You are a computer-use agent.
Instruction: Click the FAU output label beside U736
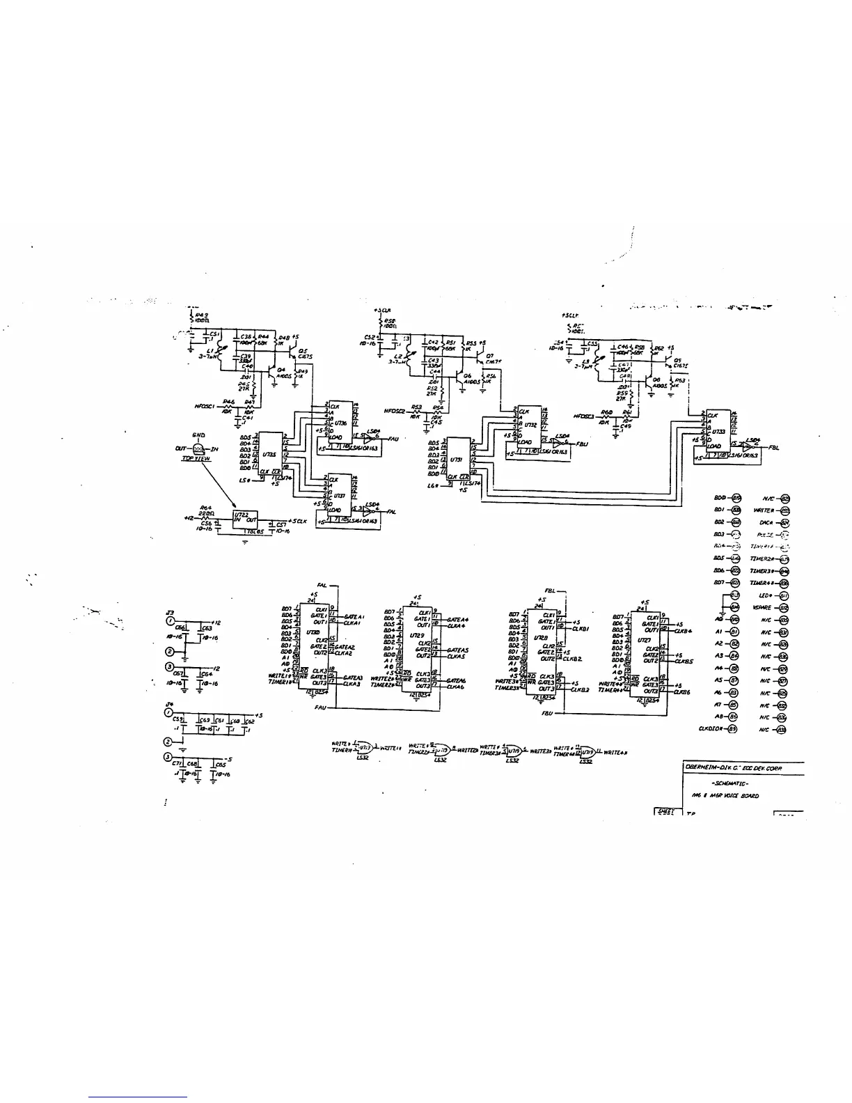coord(393,439)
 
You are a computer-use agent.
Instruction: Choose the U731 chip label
coord(457,460)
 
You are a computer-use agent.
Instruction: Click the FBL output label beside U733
coord(773,448)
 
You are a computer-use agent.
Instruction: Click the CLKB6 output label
coord(684,692)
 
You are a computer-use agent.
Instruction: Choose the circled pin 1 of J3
coord(168,620)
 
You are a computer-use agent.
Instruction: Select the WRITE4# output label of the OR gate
coord(616,752)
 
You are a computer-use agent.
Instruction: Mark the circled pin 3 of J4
coord(168,758)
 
